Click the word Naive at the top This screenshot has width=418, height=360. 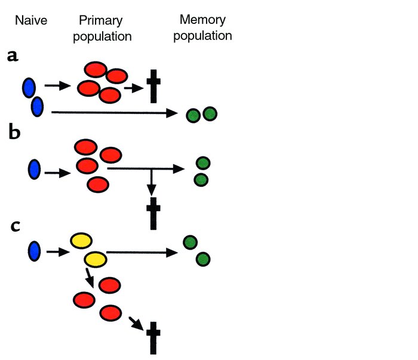point(31,21)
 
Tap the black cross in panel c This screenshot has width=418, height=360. point(153,337)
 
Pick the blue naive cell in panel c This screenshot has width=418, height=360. point(34,251)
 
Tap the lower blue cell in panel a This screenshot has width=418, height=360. point(37,107)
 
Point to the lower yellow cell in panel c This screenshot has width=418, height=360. point(95,259)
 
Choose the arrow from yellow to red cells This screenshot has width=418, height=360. point(89,276)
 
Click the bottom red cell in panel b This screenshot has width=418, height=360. point(97,184)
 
